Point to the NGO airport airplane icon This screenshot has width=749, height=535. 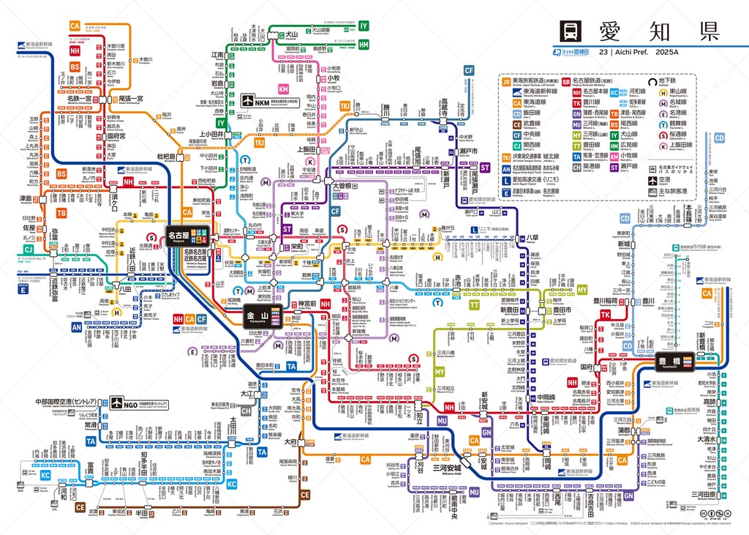117,403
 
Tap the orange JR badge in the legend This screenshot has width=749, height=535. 506,82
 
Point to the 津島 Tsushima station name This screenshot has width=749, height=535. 26,198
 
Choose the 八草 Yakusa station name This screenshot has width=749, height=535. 532,239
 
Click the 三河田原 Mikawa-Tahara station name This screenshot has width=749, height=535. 707,495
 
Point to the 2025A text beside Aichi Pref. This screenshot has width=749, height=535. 668,52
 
